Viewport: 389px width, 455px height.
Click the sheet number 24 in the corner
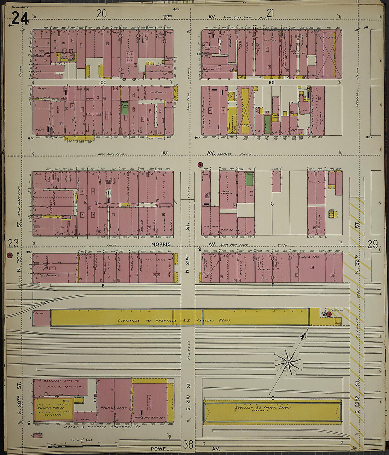coord(20,18)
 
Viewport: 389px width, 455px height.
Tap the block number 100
coord(103,82)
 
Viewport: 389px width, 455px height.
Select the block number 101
coord(271,82)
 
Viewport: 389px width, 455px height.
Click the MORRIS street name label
coord(161,244)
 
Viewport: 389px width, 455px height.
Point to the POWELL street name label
coord(161,449)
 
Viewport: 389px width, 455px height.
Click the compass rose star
coord(289,362)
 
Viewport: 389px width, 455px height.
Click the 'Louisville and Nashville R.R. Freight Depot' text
coord(174,320)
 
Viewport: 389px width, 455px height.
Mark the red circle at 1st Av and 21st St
coord(200,165)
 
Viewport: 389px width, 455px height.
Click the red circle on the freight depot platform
coord(329,314)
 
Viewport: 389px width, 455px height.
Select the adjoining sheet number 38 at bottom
coord(188,444)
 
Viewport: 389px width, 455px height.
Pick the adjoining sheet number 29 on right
coord(372,244)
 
